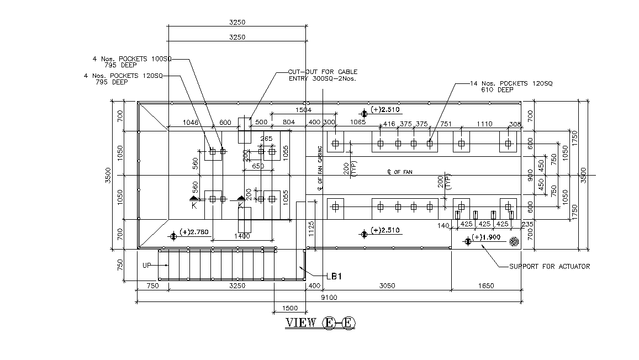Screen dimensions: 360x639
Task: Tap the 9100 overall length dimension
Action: pyautogui.click(x=329, y=298)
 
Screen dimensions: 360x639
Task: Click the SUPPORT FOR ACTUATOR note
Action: pyautogui.click(x=549, y=267)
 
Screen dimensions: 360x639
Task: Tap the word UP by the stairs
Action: pyautogui.click(x=147, y=266)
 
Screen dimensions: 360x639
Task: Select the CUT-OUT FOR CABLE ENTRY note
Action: pyautogui.click(x=323, y=75)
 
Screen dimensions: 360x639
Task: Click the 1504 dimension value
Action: pyautogui.click(x=303, y=110)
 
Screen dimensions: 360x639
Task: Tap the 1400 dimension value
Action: pyautogui.click(x=242, y=236)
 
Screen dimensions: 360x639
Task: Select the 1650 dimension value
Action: pyautogui.click(x=486, y=286)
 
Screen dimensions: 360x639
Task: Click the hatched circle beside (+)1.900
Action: pyautogui.click(x=514, y=241)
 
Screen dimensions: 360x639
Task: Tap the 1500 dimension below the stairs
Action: pyautogui.click(x=289, y=308)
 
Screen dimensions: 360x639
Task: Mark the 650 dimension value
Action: pyautogui.click(x=258, y=166)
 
